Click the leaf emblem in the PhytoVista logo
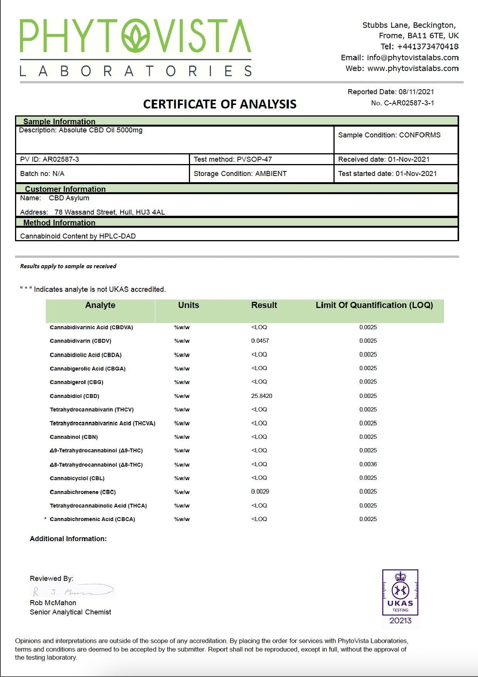click(136, 36)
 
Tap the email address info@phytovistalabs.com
click(412, 58)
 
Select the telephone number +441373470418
click(428, 47)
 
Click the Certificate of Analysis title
click(220, 104)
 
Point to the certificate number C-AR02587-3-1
click(409, 103)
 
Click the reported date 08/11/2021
click(416, 92)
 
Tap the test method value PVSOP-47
click(254, 159)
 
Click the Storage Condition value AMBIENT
click(271, 174)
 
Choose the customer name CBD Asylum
click(69, 198)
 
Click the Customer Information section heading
click(65, 189)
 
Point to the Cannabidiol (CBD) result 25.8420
click(261, 396)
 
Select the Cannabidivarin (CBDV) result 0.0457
click(260, 341)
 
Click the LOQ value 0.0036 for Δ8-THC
click(368, 464)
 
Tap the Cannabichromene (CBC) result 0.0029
click(260, 492)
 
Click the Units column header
click(189, 305)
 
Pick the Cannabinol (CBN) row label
click(74, 437)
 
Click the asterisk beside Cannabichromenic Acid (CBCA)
click(45, 519)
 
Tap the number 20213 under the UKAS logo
click(400, 621)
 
